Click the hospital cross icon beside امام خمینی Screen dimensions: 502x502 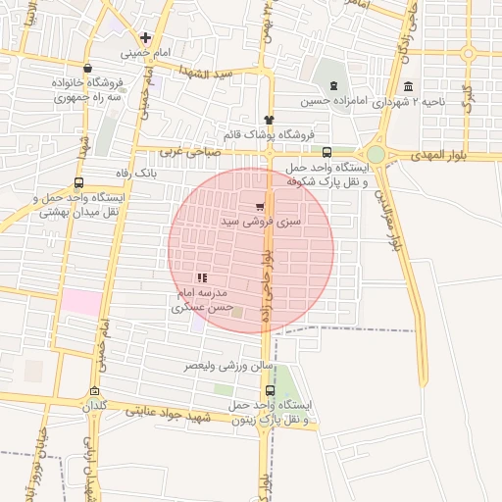pyautogui.click(x=145, y=37)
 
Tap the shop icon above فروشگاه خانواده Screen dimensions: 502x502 pyautogui.click(x=89, y=69)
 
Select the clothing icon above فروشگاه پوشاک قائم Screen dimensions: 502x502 pyautogui.click(x=269, y=119)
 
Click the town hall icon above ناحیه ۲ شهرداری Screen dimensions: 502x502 pyautogui.click(x=408, y=85)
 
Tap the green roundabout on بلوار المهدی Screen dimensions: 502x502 pyautogui.click(x=376, y=154)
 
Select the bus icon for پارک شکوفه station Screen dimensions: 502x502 pyautogui.click(x=326, y=152)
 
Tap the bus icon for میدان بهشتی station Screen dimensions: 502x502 pyautogui.click(x=78, y=182)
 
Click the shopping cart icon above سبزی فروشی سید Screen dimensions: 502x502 pyautogui.click(x=259, y=208)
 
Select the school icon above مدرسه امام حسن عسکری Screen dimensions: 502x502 pyautogui.click(x=202, y=278)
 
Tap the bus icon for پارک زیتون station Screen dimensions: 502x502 pyautogui.click(x=271, y=389)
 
